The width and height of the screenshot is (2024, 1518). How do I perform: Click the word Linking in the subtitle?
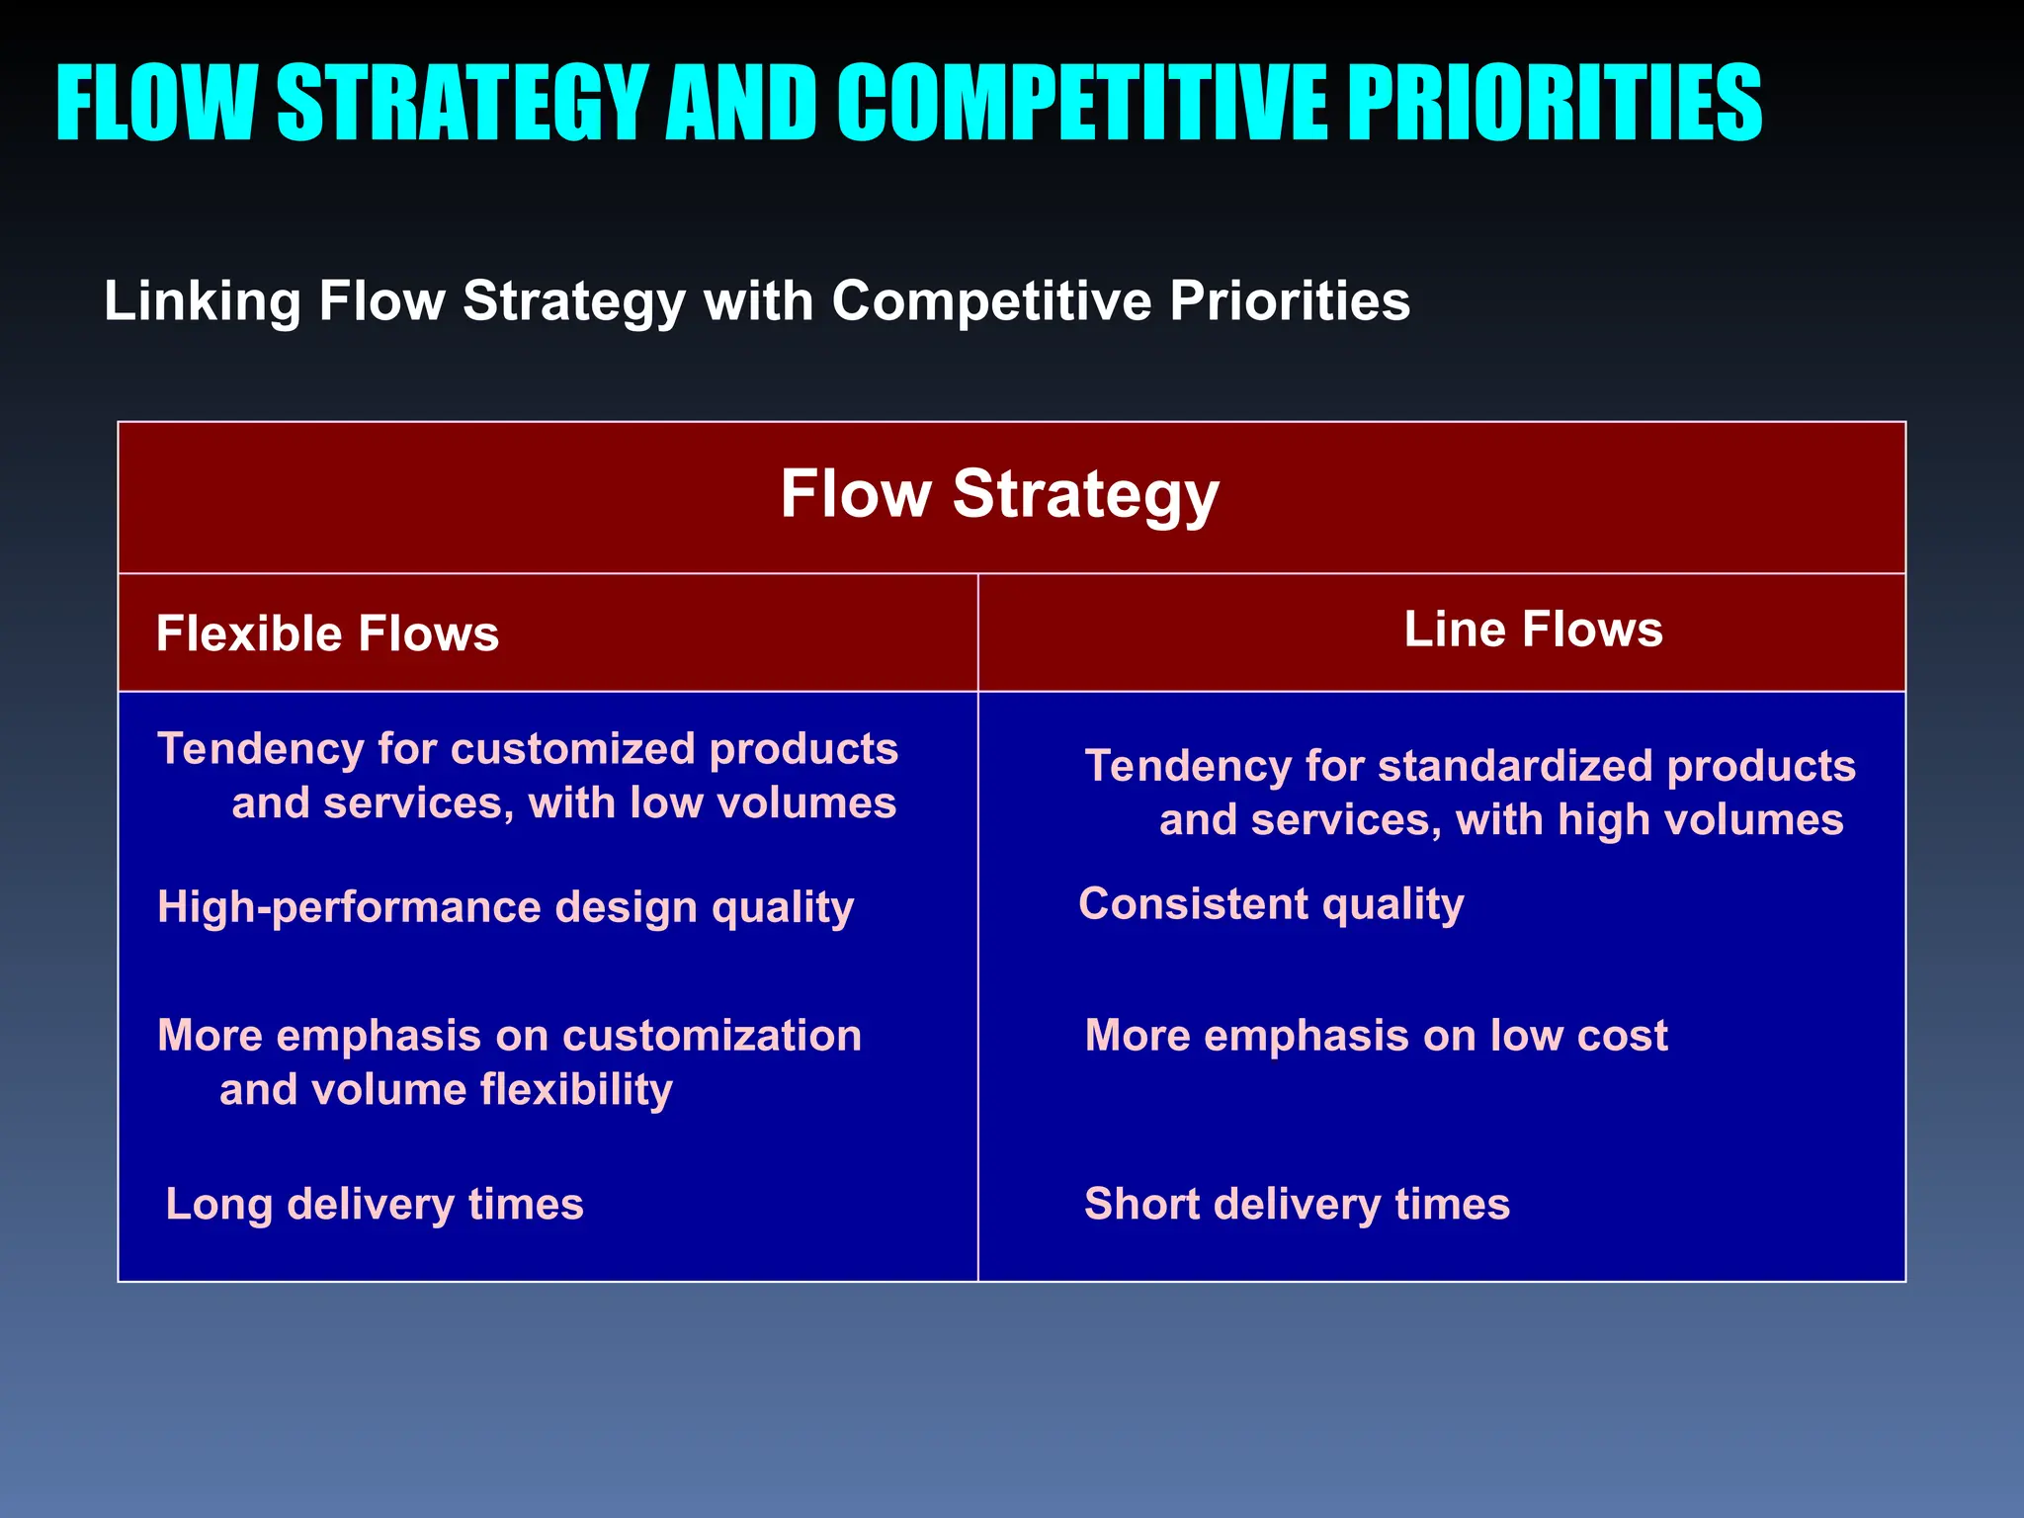202,300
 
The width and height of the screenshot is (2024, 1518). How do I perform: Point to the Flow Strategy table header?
999,494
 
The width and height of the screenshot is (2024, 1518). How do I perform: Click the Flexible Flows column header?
327,633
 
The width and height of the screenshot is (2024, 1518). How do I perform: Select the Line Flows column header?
1533,630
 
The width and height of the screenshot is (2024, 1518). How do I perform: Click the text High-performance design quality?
505,907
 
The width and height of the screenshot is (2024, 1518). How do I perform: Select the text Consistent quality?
1271,904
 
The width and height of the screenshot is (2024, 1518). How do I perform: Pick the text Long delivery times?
375,1204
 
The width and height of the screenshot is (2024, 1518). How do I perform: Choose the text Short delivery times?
1297,1204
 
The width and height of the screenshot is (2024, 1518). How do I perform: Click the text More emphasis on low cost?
1376,1036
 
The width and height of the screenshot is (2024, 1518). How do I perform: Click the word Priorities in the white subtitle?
1290,300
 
